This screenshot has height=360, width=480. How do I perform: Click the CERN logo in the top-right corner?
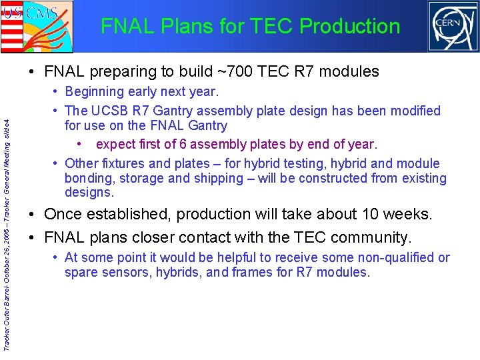[x=453, y=27]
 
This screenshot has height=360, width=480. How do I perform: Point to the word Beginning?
[x=95, y=91]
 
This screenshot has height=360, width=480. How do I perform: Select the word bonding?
[x=87, y=178]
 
